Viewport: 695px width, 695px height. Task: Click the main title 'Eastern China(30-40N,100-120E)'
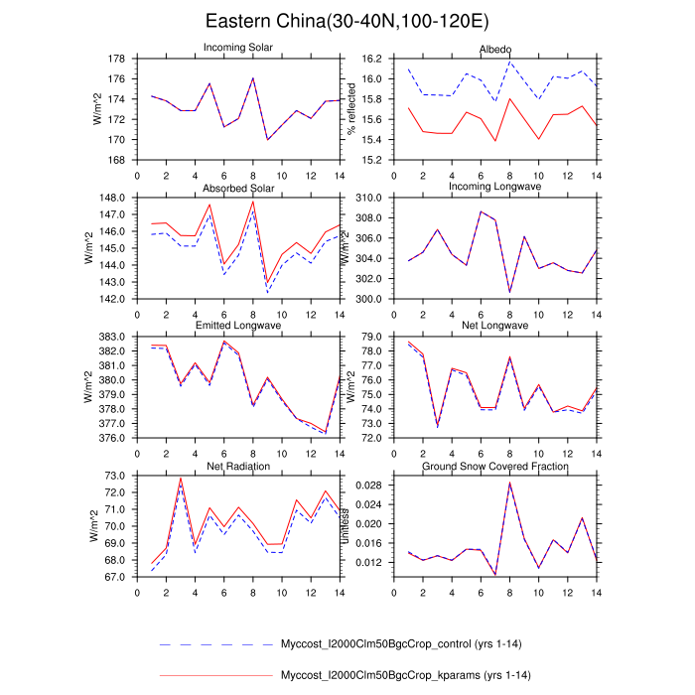point(347,21)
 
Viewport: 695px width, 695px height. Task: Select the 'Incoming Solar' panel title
point(239,48)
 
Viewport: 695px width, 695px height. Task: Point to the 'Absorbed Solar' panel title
point(239,189)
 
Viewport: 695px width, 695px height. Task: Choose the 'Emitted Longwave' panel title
point(239,327)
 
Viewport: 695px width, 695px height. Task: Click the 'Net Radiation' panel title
point(239,467)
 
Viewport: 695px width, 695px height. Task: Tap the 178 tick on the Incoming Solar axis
point(115,59)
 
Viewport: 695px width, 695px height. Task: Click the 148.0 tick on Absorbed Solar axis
point(111,199)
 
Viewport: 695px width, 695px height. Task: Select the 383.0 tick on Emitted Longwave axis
point(111,338)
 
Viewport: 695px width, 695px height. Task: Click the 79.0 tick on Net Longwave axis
point(369,338)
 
